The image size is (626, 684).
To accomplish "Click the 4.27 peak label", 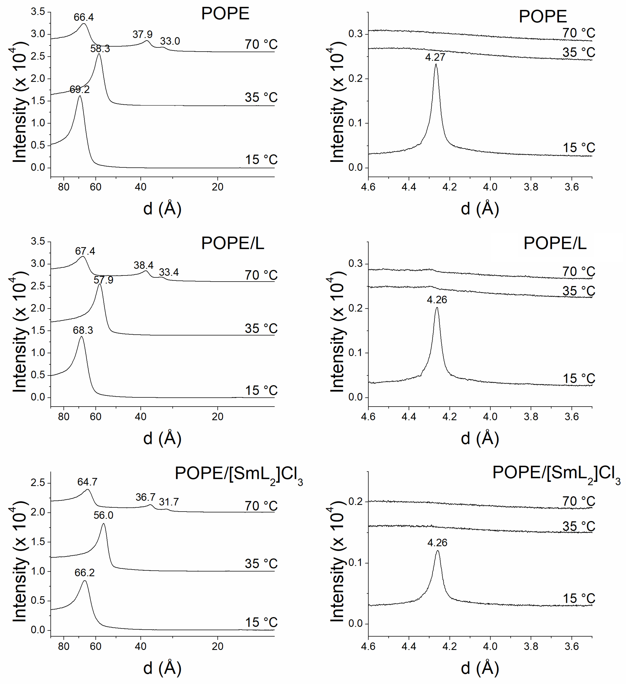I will pos(435,57).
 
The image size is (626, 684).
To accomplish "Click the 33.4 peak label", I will pos(169,272).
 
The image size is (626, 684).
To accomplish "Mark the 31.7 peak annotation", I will pos(169,502).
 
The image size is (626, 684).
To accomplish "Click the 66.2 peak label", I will pos(85,573).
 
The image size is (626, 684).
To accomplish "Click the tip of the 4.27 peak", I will pos(436,64).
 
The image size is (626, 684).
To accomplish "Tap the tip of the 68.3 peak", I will pos(81,337).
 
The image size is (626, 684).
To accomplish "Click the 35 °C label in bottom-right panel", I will pos(578,527).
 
